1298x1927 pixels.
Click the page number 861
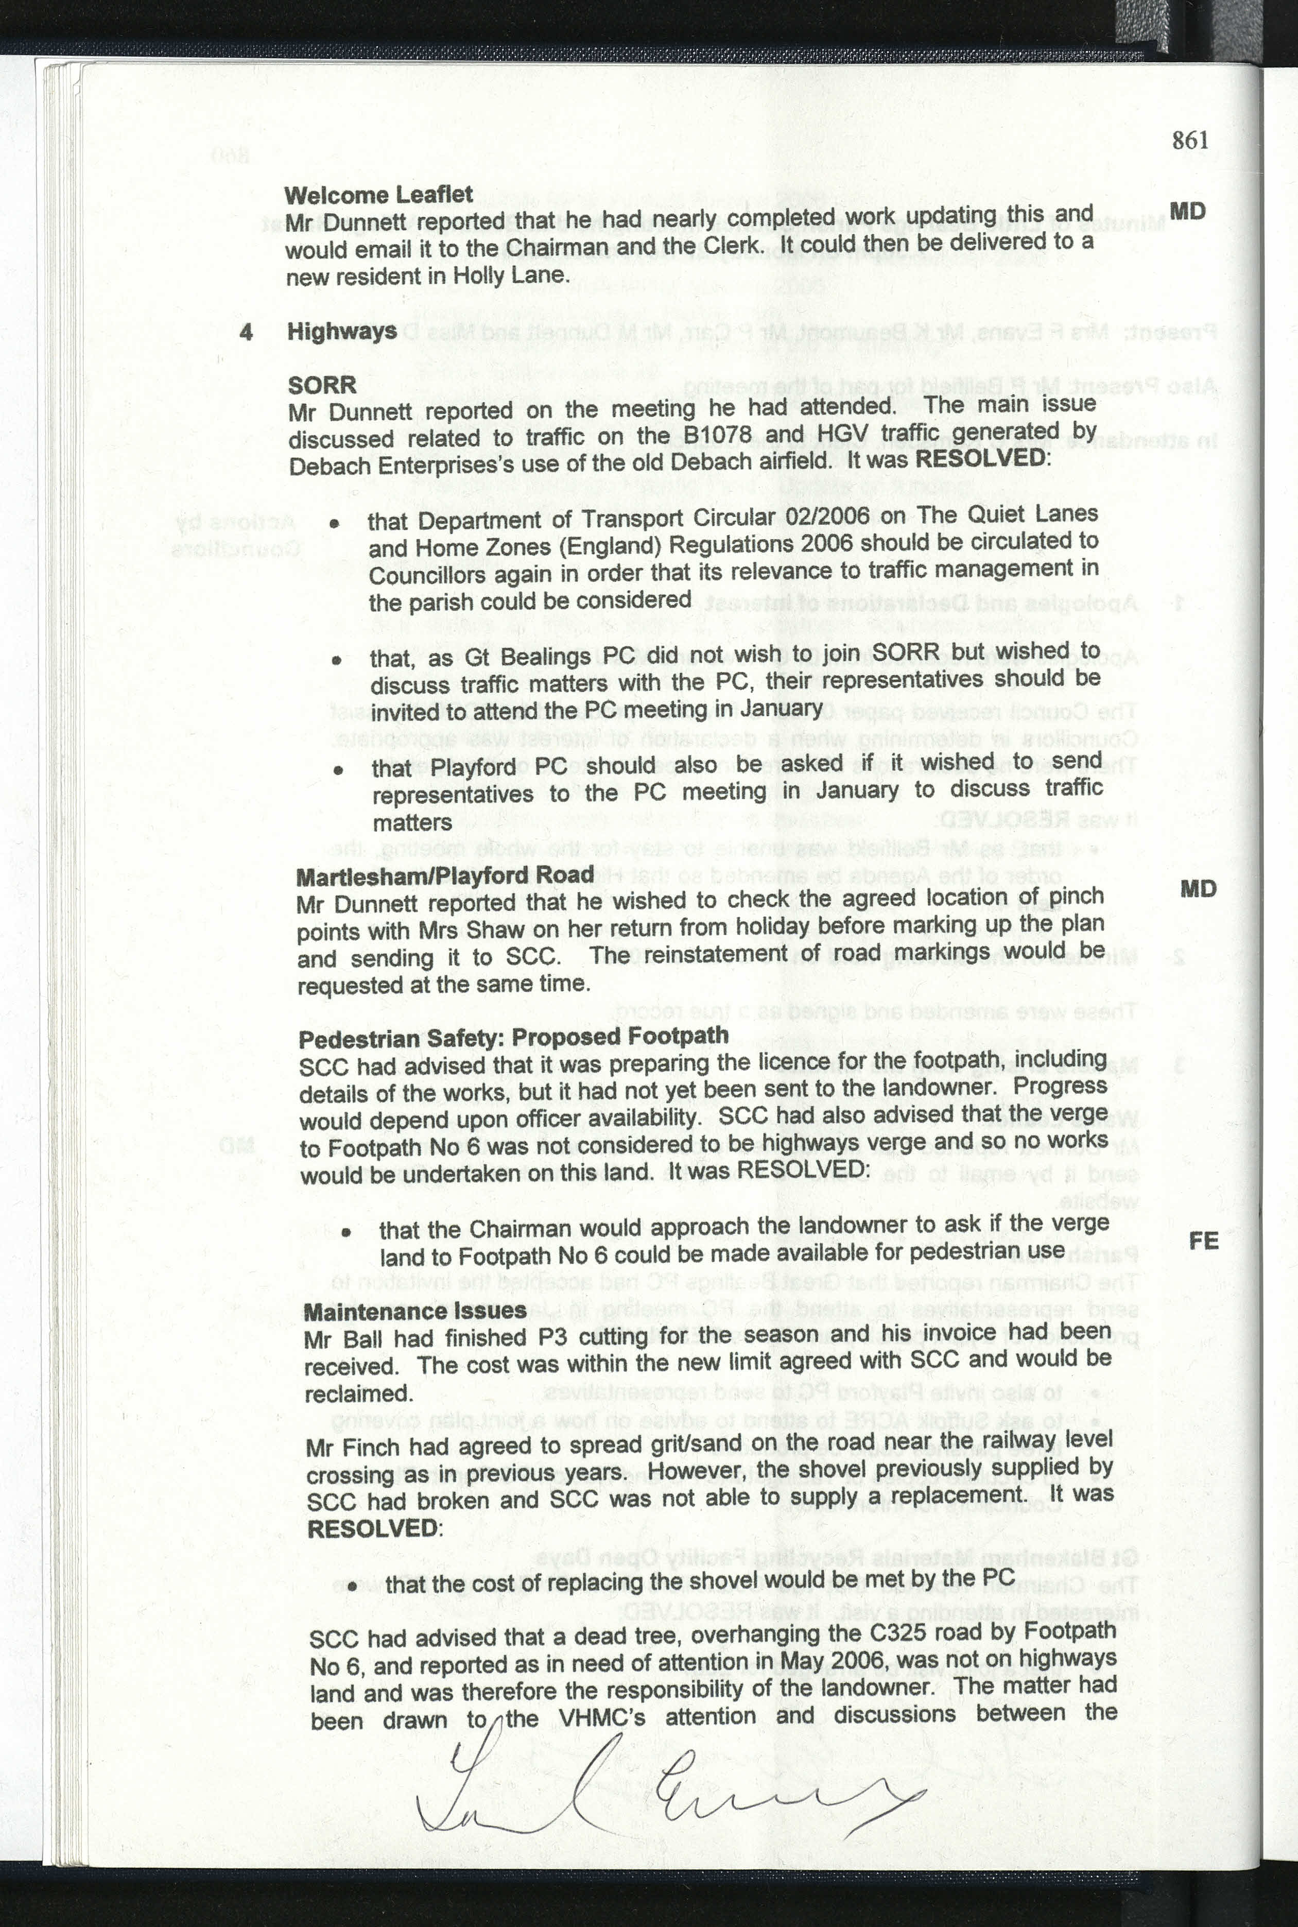(x=1190, y=140)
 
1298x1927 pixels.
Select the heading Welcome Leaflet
(x=378, y=195)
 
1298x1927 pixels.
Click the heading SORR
(x=322, y=385)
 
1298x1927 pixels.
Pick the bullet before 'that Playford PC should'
(x=338, y=770)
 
